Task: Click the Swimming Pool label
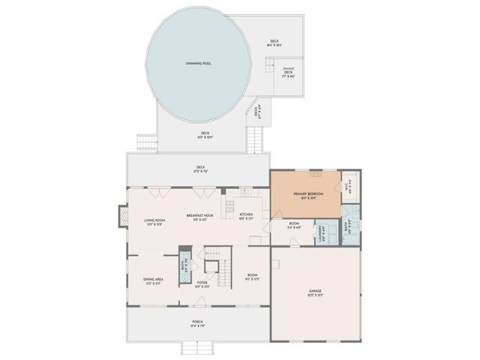click(198, 64)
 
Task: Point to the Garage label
click(315, 292)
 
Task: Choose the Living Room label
click(154, 221)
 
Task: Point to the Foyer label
click(202, 284)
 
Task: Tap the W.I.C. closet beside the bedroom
click(346, 187)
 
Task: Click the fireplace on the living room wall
click(120, 217)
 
